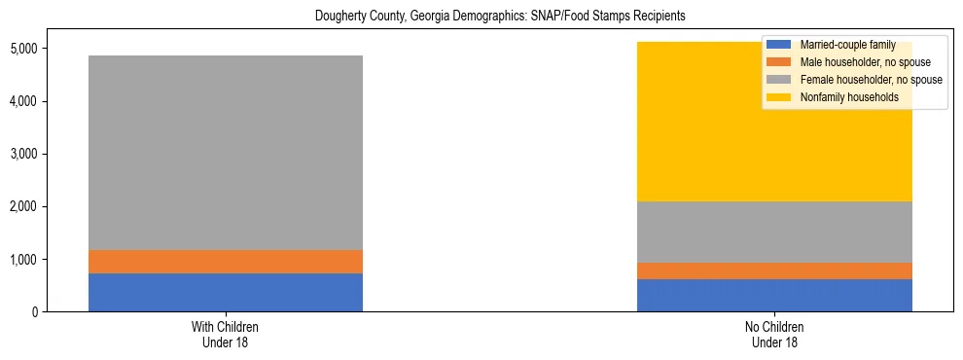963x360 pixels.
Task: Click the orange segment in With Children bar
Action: (x=226, y=262)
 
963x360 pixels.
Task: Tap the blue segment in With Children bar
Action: (x=226, y=293)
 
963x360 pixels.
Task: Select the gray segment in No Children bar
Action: (x=774, y=232)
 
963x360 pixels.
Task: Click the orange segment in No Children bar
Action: (x=774, y=271)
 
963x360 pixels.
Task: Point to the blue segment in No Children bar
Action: (x=774, y=296)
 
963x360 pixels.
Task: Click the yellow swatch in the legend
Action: (x=779, y=97)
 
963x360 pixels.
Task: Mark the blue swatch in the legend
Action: (x=779, y=45)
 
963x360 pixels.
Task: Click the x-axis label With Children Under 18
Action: (x=226, y=335)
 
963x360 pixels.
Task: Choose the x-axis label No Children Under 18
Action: (x=774, y=335)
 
